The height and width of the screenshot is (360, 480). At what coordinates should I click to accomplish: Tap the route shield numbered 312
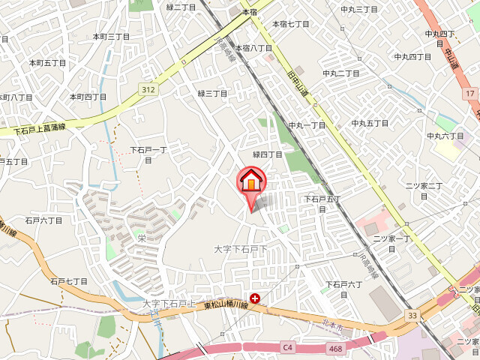click(148, 89)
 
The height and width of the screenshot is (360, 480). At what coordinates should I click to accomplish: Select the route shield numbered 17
click(469, 93)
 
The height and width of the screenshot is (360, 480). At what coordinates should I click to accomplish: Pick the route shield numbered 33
click(412, 316)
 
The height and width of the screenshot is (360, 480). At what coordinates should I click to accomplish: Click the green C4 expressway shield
click(288, 346)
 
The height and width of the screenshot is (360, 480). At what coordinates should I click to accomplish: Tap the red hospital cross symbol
click(255, 298)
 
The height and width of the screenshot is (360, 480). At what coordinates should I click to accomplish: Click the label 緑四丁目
click(268, 154)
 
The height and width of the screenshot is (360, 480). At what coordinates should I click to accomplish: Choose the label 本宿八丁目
click(253, 48)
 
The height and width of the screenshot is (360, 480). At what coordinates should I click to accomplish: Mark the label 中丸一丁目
click(307, 125)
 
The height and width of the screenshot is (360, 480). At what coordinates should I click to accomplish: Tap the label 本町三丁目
click(112, 36)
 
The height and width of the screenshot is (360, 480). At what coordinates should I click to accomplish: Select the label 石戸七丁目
click(69, 281)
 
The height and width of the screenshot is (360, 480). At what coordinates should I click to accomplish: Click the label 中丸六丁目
click(445, 136)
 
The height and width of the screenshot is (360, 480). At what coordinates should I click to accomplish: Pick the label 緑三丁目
click(212, 93)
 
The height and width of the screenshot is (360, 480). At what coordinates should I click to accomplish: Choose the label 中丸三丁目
click(359, 9)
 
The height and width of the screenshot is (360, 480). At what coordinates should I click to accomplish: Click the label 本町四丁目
click(88, 97)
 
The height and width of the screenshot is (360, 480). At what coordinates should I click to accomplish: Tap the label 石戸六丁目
click(43, 220)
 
